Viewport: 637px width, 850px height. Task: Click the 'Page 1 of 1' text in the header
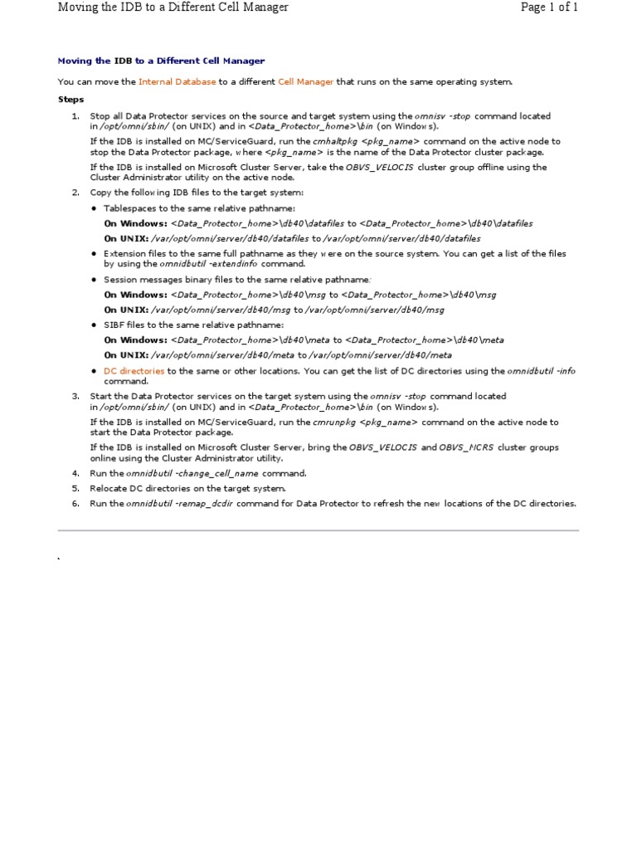(548, 7)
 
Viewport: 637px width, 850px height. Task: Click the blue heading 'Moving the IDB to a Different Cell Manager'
(161, 61)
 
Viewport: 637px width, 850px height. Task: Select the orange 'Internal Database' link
(177, 81)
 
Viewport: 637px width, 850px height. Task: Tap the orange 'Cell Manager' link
(306, 81)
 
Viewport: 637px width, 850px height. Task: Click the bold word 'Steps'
(71, 99)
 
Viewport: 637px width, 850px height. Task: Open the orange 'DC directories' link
(134, 371)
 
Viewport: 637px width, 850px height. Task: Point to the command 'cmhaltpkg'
(340, 141)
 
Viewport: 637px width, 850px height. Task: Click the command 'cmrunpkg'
(338, 422)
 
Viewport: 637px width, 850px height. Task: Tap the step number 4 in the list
(75, 473)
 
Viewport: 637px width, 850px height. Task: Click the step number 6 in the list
(75, 503)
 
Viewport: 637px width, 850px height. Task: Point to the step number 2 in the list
(75, 193)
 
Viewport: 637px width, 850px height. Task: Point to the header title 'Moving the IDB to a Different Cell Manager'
(173, 7)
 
